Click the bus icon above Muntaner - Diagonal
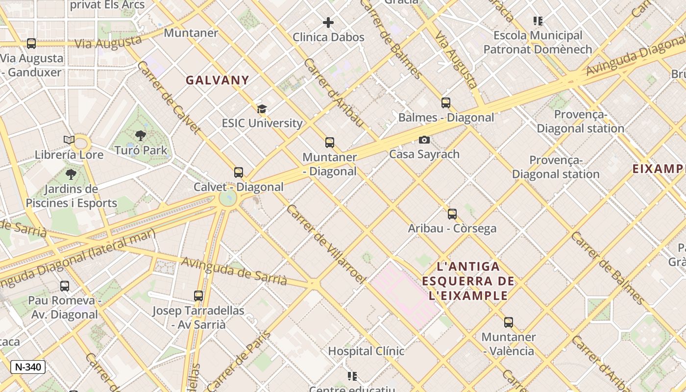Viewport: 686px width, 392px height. [x=330, y=143]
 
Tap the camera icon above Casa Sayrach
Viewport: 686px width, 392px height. [x=424, y=140]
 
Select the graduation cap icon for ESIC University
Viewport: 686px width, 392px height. [x=262, y=109]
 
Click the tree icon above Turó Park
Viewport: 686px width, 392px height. [x=141, y=136]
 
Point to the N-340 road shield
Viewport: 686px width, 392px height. [x=28, y=367]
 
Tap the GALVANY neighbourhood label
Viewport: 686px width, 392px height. [x=217, y=80]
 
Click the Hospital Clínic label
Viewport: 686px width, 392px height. [x=366, y=351]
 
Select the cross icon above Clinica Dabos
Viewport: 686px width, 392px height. [x=328, y=23]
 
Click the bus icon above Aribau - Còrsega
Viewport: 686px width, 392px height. [x=452, y=214]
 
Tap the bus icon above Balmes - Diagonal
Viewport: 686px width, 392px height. [x=446, y=103]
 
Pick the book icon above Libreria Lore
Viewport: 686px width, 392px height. [x=69, y=140]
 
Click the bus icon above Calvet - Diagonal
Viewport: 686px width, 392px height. [x=239, y=172]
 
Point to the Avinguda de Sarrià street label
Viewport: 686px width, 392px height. [x=234, y=270]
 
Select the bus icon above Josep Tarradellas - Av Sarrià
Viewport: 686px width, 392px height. [x=198, y=296]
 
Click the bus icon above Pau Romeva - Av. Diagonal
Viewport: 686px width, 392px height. [x=65, y=286]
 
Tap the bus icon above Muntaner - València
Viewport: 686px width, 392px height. [x=509, y=322]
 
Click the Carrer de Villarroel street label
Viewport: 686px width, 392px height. [x=326, y=244]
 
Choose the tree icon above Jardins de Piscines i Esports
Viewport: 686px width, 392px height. [x=71, y=174]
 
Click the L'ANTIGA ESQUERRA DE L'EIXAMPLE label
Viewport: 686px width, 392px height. [x=468, y=281]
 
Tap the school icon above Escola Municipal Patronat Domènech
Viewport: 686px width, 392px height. [x=538, y=21]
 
